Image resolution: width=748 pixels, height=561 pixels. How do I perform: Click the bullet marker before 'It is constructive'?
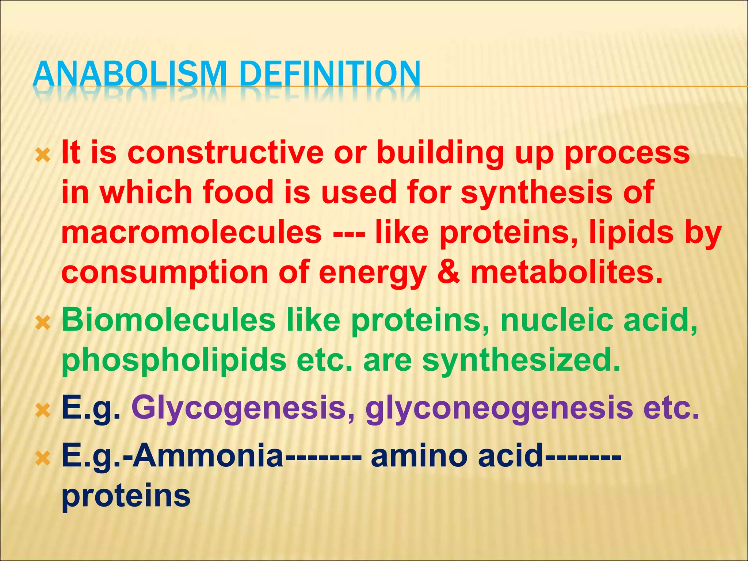tap(43, 156)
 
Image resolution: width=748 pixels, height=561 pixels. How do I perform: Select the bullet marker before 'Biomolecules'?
tap(43, 323)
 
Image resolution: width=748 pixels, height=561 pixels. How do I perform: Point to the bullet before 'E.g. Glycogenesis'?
tap(43, 411)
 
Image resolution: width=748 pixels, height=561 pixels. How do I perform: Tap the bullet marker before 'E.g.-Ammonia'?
tap(43, 458)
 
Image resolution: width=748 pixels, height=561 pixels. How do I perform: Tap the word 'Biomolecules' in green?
tap(168, 320)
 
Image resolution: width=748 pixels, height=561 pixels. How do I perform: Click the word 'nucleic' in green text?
tap(557, 320)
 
